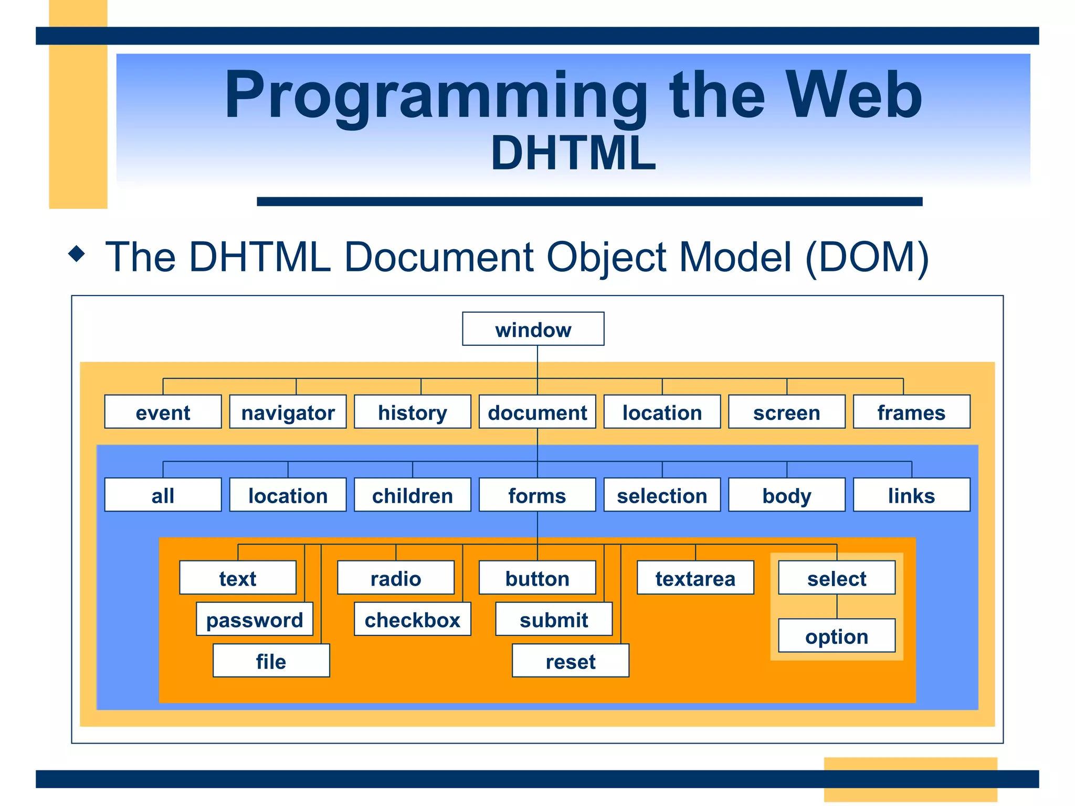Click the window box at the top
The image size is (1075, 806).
point(533,329)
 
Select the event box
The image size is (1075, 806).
point(163,412)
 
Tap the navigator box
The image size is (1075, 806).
point(288,412)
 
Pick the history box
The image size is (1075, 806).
point(413,412)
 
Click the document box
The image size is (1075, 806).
point(537,412)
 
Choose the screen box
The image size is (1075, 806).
point(786,412)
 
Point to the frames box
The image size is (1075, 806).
point(911,412)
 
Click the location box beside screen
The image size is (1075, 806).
point(662,412)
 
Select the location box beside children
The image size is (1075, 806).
point(288,495)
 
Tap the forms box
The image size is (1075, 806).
point(537,495)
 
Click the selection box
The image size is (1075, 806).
point(662,495)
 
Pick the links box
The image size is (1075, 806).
point(911,495)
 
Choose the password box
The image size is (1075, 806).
point(255,619)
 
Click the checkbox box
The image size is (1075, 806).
point(413,619)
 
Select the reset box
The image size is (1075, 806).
point(571,661)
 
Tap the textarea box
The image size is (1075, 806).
point(695,578)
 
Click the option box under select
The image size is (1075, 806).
point(837,636)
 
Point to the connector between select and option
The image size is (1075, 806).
point(837,607)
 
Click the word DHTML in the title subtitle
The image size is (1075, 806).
point(573,153)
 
